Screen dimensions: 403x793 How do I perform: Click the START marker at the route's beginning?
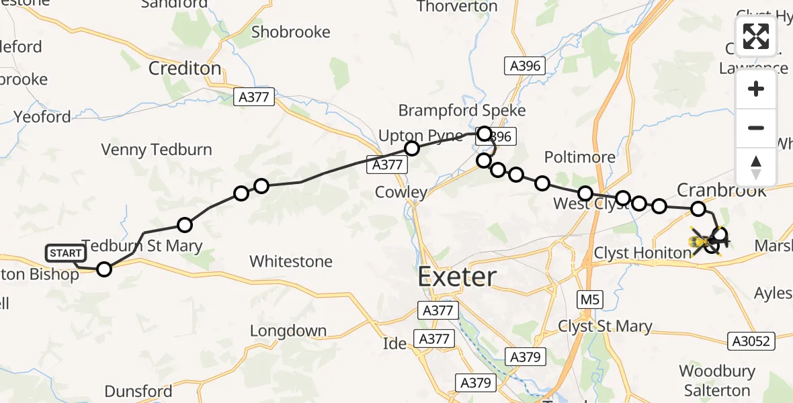(66, 253)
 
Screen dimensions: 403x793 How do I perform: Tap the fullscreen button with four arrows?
(756, 36)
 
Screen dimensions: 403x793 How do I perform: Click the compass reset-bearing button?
(756, 167)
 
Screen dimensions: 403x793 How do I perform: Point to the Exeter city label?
(458, 277)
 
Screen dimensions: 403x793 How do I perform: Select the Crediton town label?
(185, 68)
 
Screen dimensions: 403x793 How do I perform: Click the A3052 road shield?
(751, 341)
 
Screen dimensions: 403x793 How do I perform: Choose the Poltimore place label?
(579, 157)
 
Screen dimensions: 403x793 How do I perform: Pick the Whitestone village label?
(291, 261)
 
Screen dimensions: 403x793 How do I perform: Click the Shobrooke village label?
(291, 32)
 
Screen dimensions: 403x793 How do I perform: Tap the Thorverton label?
(457, 7)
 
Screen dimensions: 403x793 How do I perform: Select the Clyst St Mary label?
(606, 326)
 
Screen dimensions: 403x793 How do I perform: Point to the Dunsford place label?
(138, 391)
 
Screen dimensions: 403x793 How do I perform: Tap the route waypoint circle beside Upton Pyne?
(411, 148)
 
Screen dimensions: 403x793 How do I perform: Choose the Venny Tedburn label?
(157, 149)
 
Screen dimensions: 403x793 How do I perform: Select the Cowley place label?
(402, 192)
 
